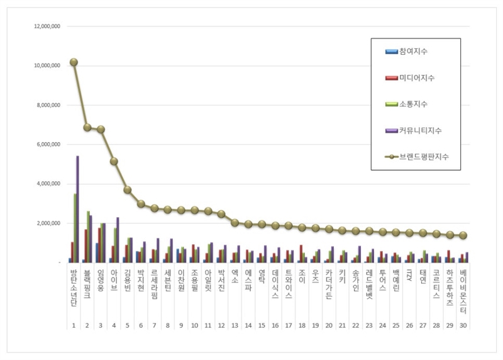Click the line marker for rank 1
click(74, 62)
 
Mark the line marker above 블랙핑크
click(87, 127)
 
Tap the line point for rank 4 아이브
click(114, 161)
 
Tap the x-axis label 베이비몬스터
click(463, 285)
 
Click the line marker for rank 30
click(463, 235)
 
